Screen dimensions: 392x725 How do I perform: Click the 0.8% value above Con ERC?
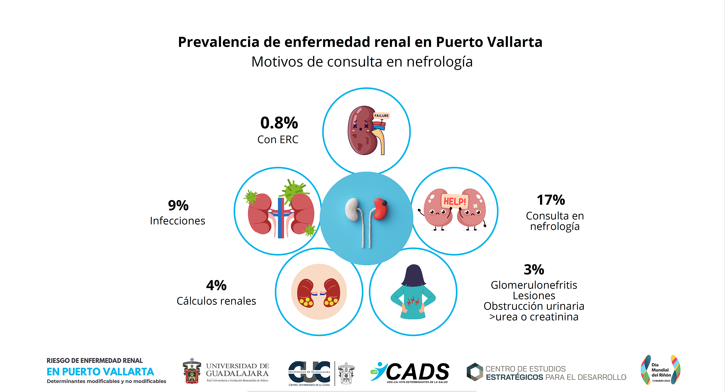coord(279,123)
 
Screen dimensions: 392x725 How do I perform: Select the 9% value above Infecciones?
coord(178,205)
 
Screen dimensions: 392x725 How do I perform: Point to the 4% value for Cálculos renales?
coord(216,285)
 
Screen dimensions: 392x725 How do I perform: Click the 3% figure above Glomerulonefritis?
coord(534,270)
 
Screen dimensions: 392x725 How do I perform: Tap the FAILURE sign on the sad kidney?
coord(381,116)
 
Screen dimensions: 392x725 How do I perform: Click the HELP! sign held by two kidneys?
coord(454,201)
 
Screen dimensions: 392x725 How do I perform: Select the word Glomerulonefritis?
coord(534,285)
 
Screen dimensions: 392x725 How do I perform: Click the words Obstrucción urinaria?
coord(534,306)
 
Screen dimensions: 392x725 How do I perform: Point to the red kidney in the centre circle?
coord(381,208)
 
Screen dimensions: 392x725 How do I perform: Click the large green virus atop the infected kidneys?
coord(294,191)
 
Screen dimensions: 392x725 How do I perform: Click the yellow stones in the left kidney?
coord(306,302)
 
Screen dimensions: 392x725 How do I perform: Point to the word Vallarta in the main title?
coord(514,42)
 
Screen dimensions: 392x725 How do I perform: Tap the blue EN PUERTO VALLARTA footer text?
coord(100,372)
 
